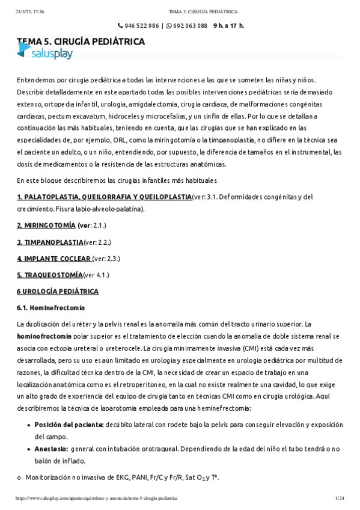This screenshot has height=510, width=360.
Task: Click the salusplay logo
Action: click(44, 54)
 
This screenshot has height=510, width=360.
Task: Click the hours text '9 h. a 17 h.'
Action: click(228, 26)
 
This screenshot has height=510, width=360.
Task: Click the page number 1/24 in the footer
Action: click(339, 499)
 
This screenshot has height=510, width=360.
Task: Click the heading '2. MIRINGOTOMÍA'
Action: click(46, 225)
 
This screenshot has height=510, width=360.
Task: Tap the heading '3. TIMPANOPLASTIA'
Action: click(50, 242)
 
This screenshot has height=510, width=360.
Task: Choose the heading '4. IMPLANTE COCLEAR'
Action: click(54, 259)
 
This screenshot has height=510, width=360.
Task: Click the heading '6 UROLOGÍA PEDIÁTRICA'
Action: click(57, 292)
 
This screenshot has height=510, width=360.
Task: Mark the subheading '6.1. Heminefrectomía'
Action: click(50, 308)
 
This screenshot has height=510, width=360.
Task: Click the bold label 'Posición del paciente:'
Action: click(69, 425)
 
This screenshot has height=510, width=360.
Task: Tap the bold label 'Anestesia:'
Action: click(51, 449)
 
